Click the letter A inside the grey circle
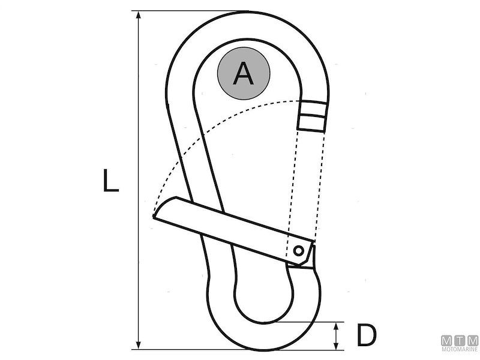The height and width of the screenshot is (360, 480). point(244,73)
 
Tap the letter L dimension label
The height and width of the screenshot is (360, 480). point(110,181)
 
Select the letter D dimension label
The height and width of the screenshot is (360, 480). point(367,335)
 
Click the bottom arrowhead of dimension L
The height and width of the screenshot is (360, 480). point(139,345)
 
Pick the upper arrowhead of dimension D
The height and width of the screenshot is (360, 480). point(336,326)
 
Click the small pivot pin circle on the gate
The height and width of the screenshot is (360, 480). point(298,251)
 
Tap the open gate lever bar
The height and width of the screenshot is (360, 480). point(233,230)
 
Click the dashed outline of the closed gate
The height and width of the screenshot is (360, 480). point(305,193)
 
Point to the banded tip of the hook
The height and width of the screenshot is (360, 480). point(312,116)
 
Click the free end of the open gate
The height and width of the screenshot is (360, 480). point(156,214)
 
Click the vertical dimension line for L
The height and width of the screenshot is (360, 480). point(139,180)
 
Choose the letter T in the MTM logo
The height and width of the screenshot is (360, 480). point(460,341)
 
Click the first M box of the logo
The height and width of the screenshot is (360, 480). point(447,341)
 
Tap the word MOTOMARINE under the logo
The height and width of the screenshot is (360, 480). point(460,349)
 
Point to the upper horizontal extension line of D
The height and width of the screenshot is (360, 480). point(309,322)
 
